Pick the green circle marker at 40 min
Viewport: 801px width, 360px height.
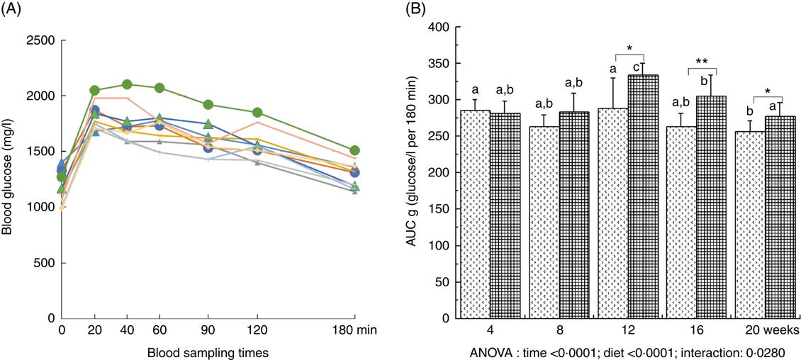127,85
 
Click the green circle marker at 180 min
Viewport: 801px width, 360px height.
354,150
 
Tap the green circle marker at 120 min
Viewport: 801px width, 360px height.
258,113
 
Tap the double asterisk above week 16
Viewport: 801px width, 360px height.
702,61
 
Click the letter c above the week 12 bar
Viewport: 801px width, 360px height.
637,67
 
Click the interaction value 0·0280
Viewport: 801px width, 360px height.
761,350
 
